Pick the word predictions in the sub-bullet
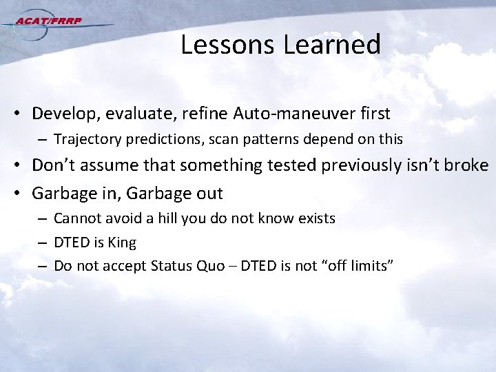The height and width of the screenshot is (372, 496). coord(158,139)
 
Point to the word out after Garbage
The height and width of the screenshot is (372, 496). coord(207,193)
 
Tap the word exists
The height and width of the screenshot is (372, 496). coord(316,219)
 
